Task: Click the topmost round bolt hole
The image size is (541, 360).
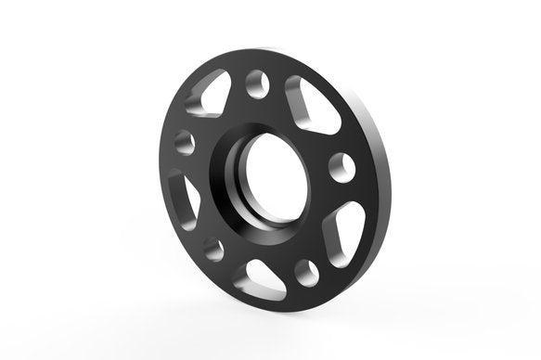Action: click(258, 85)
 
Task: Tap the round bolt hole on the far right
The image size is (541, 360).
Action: click(341, 167)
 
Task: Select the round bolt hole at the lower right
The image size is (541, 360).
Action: click(305, 272)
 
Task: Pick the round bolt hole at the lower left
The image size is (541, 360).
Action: click(213, 249)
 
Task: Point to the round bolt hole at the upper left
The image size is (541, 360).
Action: click(184, 143)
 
